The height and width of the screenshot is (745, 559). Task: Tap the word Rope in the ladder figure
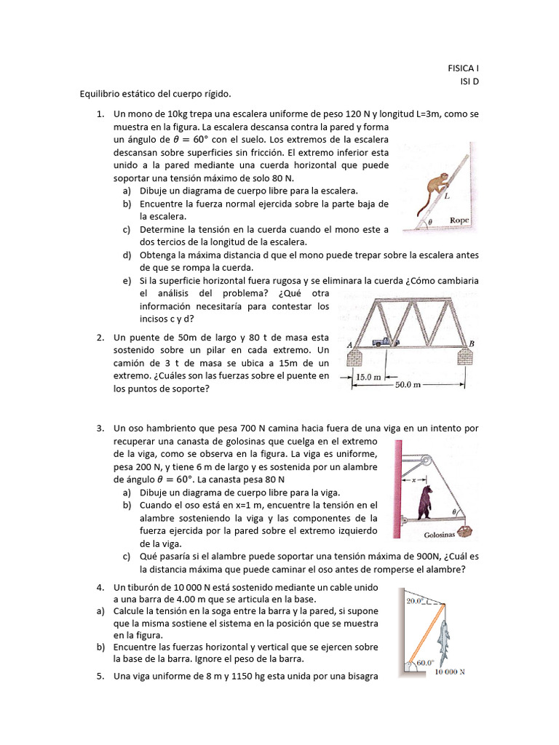(x=459, y=220)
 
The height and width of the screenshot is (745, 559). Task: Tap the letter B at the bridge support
(x=472, y=343)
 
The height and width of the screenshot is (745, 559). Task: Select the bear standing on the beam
(x=424, y=501)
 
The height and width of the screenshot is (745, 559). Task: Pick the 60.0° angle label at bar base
(x=424, y=663)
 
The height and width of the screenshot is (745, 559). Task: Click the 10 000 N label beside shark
(x=450, y=672)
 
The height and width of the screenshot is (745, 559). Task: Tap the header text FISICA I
(x=464, y=68)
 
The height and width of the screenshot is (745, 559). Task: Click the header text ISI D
(x=469, y=81)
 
